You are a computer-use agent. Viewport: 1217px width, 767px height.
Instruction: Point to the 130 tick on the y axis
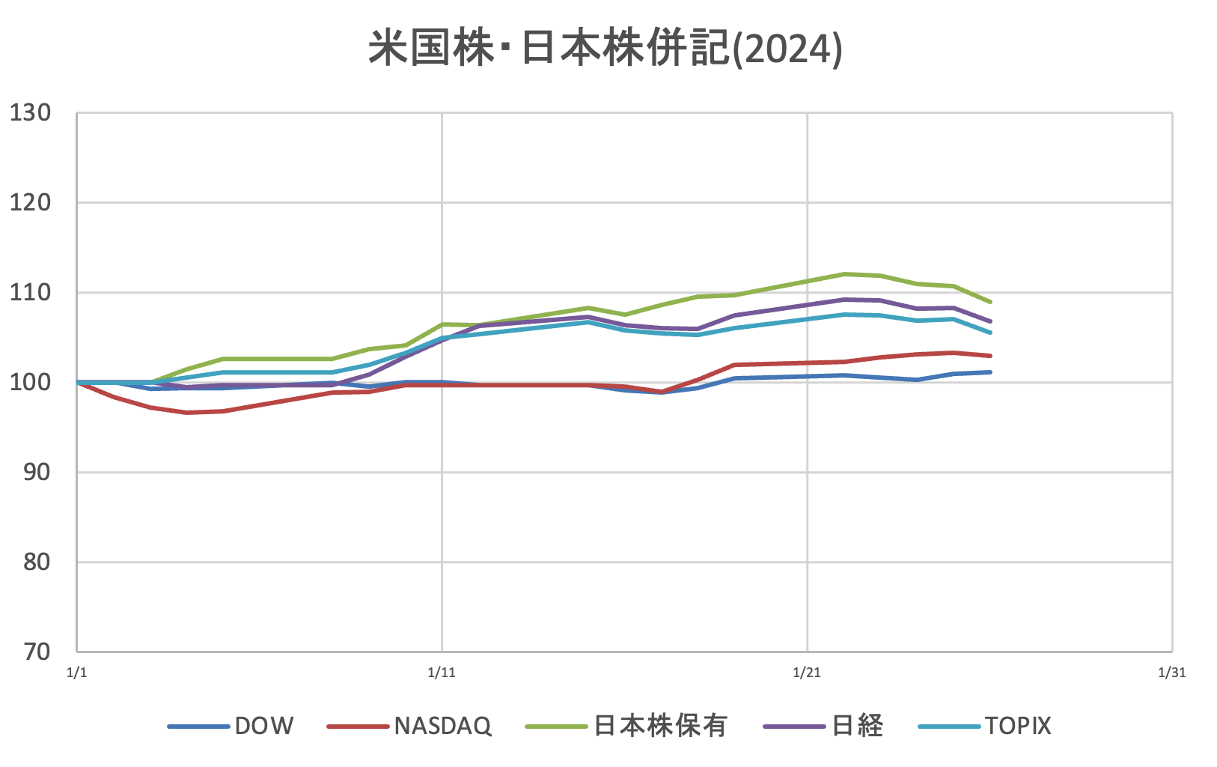point(31,113)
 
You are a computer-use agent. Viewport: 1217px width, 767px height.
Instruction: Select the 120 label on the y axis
point(31,202)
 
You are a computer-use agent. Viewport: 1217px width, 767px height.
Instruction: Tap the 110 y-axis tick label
point(31,292)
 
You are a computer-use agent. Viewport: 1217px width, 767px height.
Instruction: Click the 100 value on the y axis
point(31,382)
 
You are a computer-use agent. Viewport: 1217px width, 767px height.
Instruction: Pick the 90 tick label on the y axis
point(35,472)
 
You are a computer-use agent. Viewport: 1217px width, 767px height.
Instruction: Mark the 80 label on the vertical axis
point(35,562)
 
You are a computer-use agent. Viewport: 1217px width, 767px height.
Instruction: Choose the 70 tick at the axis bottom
point(35,652)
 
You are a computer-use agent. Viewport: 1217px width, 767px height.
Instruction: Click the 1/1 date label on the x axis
point(77,673)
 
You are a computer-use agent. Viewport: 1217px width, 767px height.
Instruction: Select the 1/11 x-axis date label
point(442,673)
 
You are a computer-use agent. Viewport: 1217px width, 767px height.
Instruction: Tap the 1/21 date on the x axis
point(807,673)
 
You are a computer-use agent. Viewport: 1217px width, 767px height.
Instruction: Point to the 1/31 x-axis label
point(1171,673)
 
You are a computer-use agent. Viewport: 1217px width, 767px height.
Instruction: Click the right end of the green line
point(990,302)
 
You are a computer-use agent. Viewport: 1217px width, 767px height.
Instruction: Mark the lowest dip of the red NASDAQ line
point(186,413)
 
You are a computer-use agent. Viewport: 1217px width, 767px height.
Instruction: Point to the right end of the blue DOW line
point(990,372)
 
